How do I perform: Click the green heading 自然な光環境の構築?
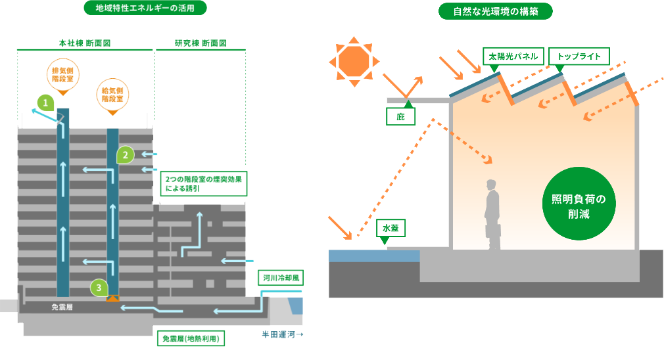496,11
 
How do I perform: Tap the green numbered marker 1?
45,102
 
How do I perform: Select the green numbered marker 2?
125,155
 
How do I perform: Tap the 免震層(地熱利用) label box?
191,339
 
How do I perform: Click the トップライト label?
579,56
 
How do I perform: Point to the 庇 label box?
400,117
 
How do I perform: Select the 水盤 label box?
391,229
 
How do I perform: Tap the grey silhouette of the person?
492,215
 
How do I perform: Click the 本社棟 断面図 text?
84,43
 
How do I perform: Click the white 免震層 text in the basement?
65,307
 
